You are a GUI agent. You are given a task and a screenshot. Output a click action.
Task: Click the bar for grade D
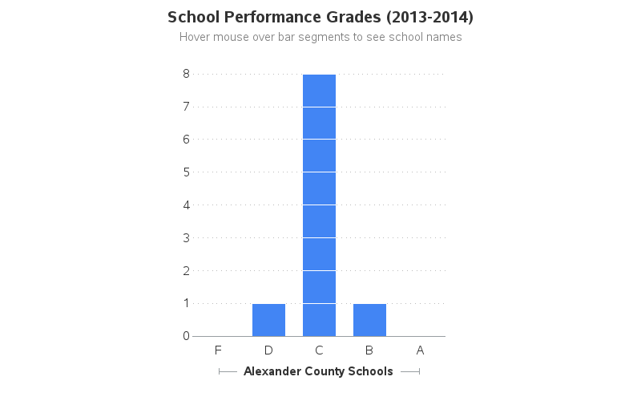(x=268, y=320)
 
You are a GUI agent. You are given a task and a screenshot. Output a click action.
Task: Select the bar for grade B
(x=369, y=320)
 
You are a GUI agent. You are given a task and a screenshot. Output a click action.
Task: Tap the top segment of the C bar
(x=319, y=90)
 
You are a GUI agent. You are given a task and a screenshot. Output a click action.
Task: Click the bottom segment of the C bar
(x=319, y=320)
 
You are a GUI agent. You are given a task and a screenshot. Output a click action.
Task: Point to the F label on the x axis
(x=218, y=350)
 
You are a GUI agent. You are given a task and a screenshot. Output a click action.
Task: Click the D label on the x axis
(x=268, y=350)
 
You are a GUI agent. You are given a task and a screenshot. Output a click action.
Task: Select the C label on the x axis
(x=319, y=350)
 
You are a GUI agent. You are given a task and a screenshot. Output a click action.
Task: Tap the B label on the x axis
(x=369, y=350)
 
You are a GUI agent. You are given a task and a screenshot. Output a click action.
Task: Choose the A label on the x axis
(x=420, y=350)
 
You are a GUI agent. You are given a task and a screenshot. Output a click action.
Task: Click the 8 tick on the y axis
(x=186, y=74)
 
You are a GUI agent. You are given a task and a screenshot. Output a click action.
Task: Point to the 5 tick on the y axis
(x=186, y=172)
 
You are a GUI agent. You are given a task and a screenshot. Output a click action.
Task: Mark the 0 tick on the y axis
(x=186, y=336)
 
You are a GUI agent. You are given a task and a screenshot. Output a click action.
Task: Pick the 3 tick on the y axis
(x=186, y=238)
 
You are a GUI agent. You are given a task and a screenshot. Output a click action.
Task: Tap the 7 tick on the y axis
(x=186, y=107)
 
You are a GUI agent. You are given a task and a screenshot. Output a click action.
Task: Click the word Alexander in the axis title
(x=273, y=371)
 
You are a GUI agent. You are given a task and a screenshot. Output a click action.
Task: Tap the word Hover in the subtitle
(x=196, y=37)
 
